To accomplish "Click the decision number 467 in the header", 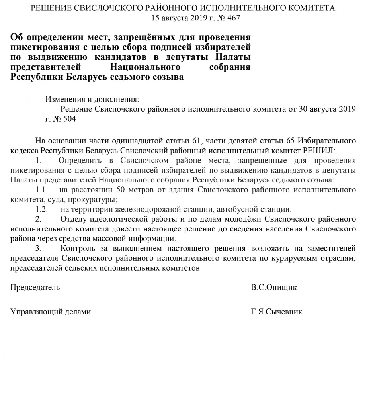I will coord(234,18).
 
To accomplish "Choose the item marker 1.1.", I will coord(42,190).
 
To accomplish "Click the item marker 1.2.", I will coord(42,209).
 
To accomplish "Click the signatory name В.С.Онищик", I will coord(274,288).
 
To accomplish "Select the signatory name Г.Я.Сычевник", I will coord(276,312).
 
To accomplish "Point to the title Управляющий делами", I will coord(51,312).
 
